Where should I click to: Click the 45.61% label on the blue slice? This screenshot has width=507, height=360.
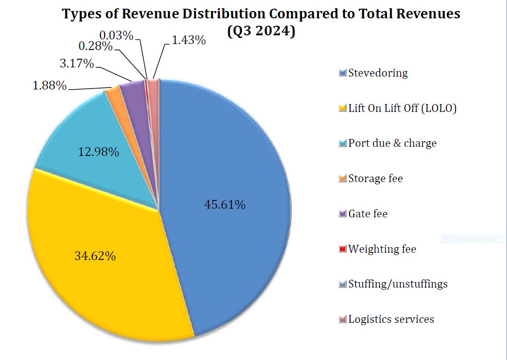point(224,205)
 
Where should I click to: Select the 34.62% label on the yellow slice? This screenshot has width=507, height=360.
point(95,256)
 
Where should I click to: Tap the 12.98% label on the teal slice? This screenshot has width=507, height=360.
point(98,152)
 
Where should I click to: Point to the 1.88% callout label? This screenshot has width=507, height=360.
point(50,86)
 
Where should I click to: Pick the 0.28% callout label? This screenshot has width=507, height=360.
point(95,46)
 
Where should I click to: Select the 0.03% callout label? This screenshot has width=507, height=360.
point(117,35)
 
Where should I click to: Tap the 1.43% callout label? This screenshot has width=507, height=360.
point(189,40)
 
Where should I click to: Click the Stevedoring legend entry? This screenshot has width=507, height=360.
point(378,73)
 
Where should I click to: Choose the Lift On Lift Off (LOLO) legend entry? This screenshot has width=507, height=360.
point(402,108)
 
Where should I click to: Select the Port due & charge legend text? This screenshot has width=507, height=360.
point(392,143)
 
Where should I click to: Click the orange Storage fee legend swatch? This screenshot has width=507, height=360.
point(342,179)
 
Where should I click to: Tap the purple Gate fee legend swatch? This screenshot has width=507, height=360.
point(342,214)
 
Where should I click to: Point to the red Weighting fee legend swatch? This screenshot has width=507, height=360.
point(342,249)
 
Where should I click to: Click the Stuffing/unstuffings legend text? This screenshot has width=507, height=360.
point(398,284)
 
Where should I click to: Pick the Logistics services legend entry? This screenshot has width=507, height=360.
point(391,319)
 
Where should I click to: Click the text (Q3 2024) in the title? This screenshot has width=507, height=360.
point(261,32)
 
